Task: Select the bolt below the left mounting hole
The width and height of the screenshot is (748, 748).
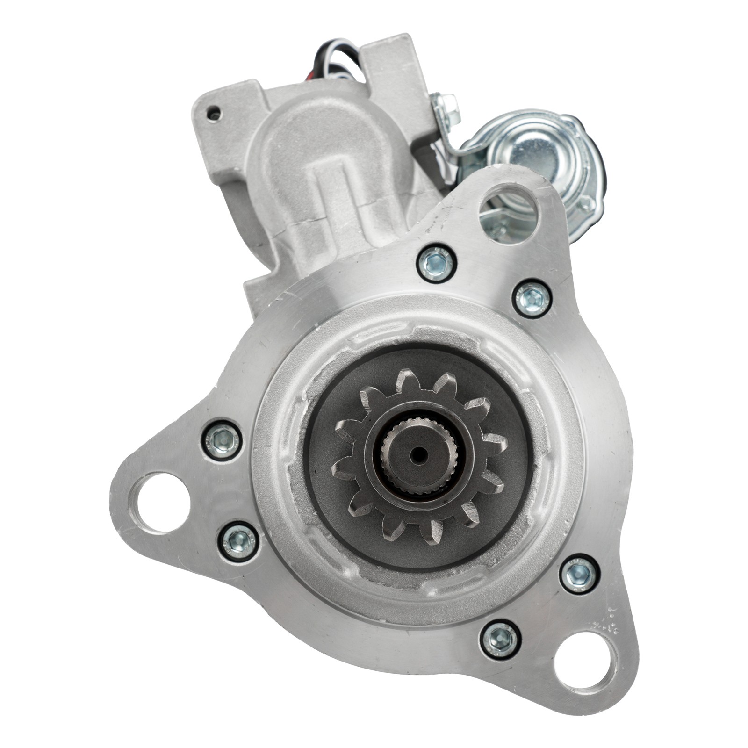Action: pyautogui.click(x=238, y=540)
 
